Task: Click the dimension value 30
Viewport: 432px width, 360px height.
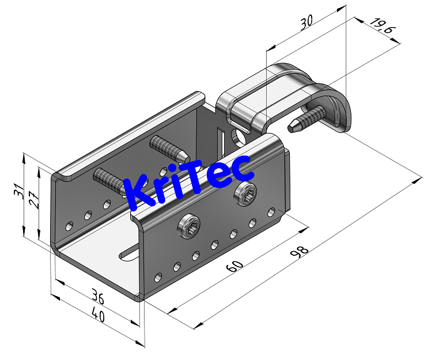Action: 306,22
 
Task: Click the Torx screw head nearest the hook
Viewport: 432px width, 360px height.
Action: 247,196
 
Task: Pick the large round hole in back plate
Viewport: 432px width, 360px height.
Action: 237,137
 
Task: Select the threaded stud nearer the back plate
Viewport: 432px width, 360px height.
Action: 167,146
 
